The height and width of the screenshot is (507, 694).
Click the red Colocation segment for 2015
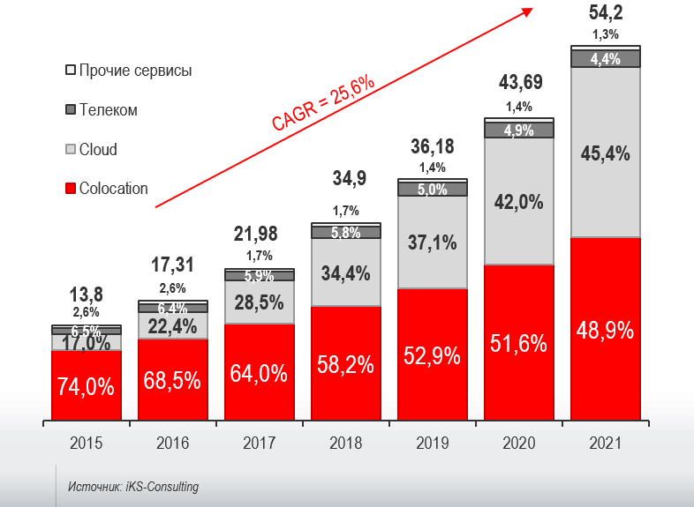pos(87,385)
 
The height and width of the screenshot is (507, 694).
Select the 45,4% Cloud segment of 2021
pos(605,153)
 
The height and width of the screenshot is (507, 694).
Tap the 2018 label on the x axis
pos(345,444)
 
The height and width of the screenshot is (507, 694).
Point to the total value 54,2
pos(605,12)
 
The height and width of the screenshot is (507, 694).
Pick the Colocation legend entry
pos(106,189)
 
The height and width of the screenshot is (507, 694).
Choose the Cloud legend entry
pos(91,150)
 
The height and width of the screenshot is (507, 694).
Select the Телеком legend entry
pos(101,110)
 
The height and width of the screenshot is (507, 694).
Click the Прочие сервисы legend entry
pos(128,70)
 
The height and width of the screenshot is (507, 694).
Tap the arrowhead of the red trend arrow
pos(528,10)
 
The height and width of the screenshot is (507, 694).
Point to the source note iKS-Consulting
pos(133,487)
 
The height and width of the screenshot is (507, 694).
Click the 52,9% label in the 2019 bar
pos(432,356)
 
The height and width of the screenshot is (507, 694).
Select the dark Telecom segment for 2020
pos(518,130)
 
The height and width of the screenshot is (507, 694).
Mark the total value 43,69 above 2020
pos(518,83)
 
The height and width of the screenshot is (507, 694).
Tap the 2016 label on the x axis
pos(172,444)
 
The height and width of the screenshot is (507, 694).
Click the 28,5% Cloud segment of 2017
pos(259,302)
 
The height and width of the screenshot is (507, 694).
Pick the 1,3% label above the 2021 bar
pos(605,34)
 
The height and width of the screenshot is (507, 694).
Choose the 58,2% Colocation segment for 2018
pos(345,362)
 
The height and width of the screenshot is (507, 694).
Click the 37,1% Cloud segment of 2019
pos(432,242)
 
